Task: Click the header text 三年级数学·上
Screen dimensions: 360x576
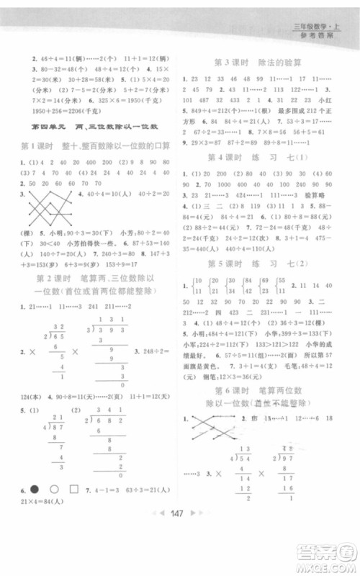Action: pos(316,28)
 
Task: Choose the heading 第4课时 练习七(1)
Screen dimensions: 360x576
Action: pos(259,159)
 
